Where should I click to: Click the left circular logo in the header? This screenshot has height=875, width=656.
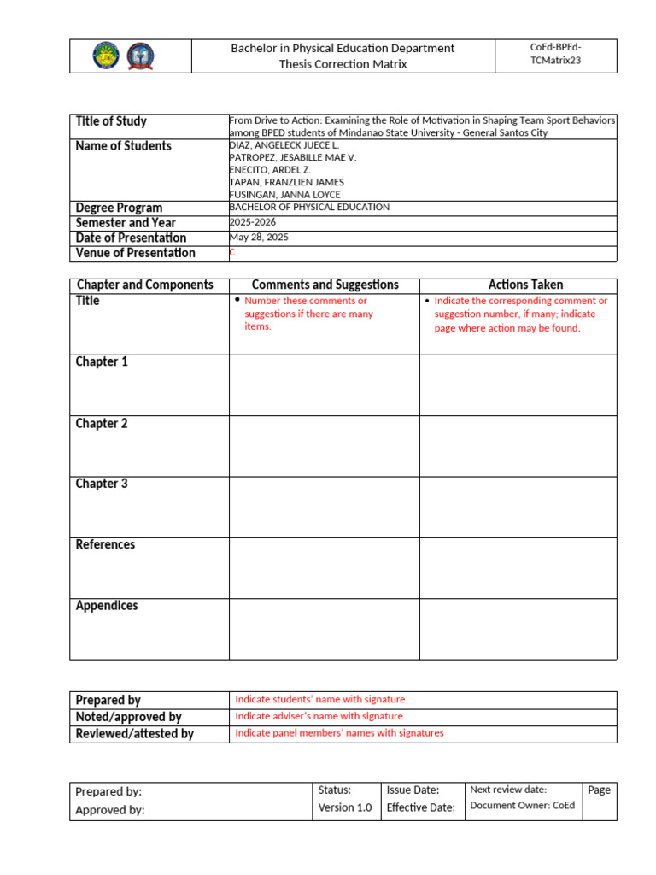coord(107,56)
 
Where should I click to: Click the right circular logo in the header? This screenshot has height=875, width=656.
coord(140,56)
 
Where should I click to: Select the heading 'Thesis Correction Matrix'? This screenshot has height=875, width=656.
coord(343,64)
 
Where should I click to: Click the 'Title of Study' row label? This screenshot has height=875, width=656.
coord(111,121)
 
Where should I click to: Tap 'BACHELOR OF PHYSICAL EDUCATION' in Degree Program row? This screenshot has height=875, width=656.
coord(309,208)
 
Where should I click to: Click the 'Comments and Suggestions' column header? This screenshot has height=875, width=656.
coord(325,285)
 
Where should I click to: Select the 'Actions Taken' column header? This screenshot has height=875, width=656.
coord(518,285)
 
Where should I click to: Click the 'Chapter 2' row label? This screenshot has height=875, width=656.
coord(102,424)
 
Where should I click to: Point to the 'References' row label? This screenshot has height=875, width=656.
coord(105,545)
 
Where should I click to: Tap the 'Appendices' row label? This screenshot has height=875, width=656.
coord(107,606)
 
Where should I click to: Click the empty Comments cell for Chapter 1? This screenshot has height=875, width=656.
coord(324,385)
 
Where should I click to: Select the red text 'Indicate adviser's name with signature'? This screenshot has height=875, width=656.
coord(319,716)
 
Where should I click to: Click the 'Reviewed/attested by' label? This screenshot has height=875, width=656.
coord(134,734)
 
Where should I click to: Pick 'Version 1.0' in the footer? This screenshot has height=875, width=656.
coord(345,808)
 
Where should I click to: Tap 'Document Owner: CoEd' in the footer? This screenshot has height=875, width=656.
coord(523,806)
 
